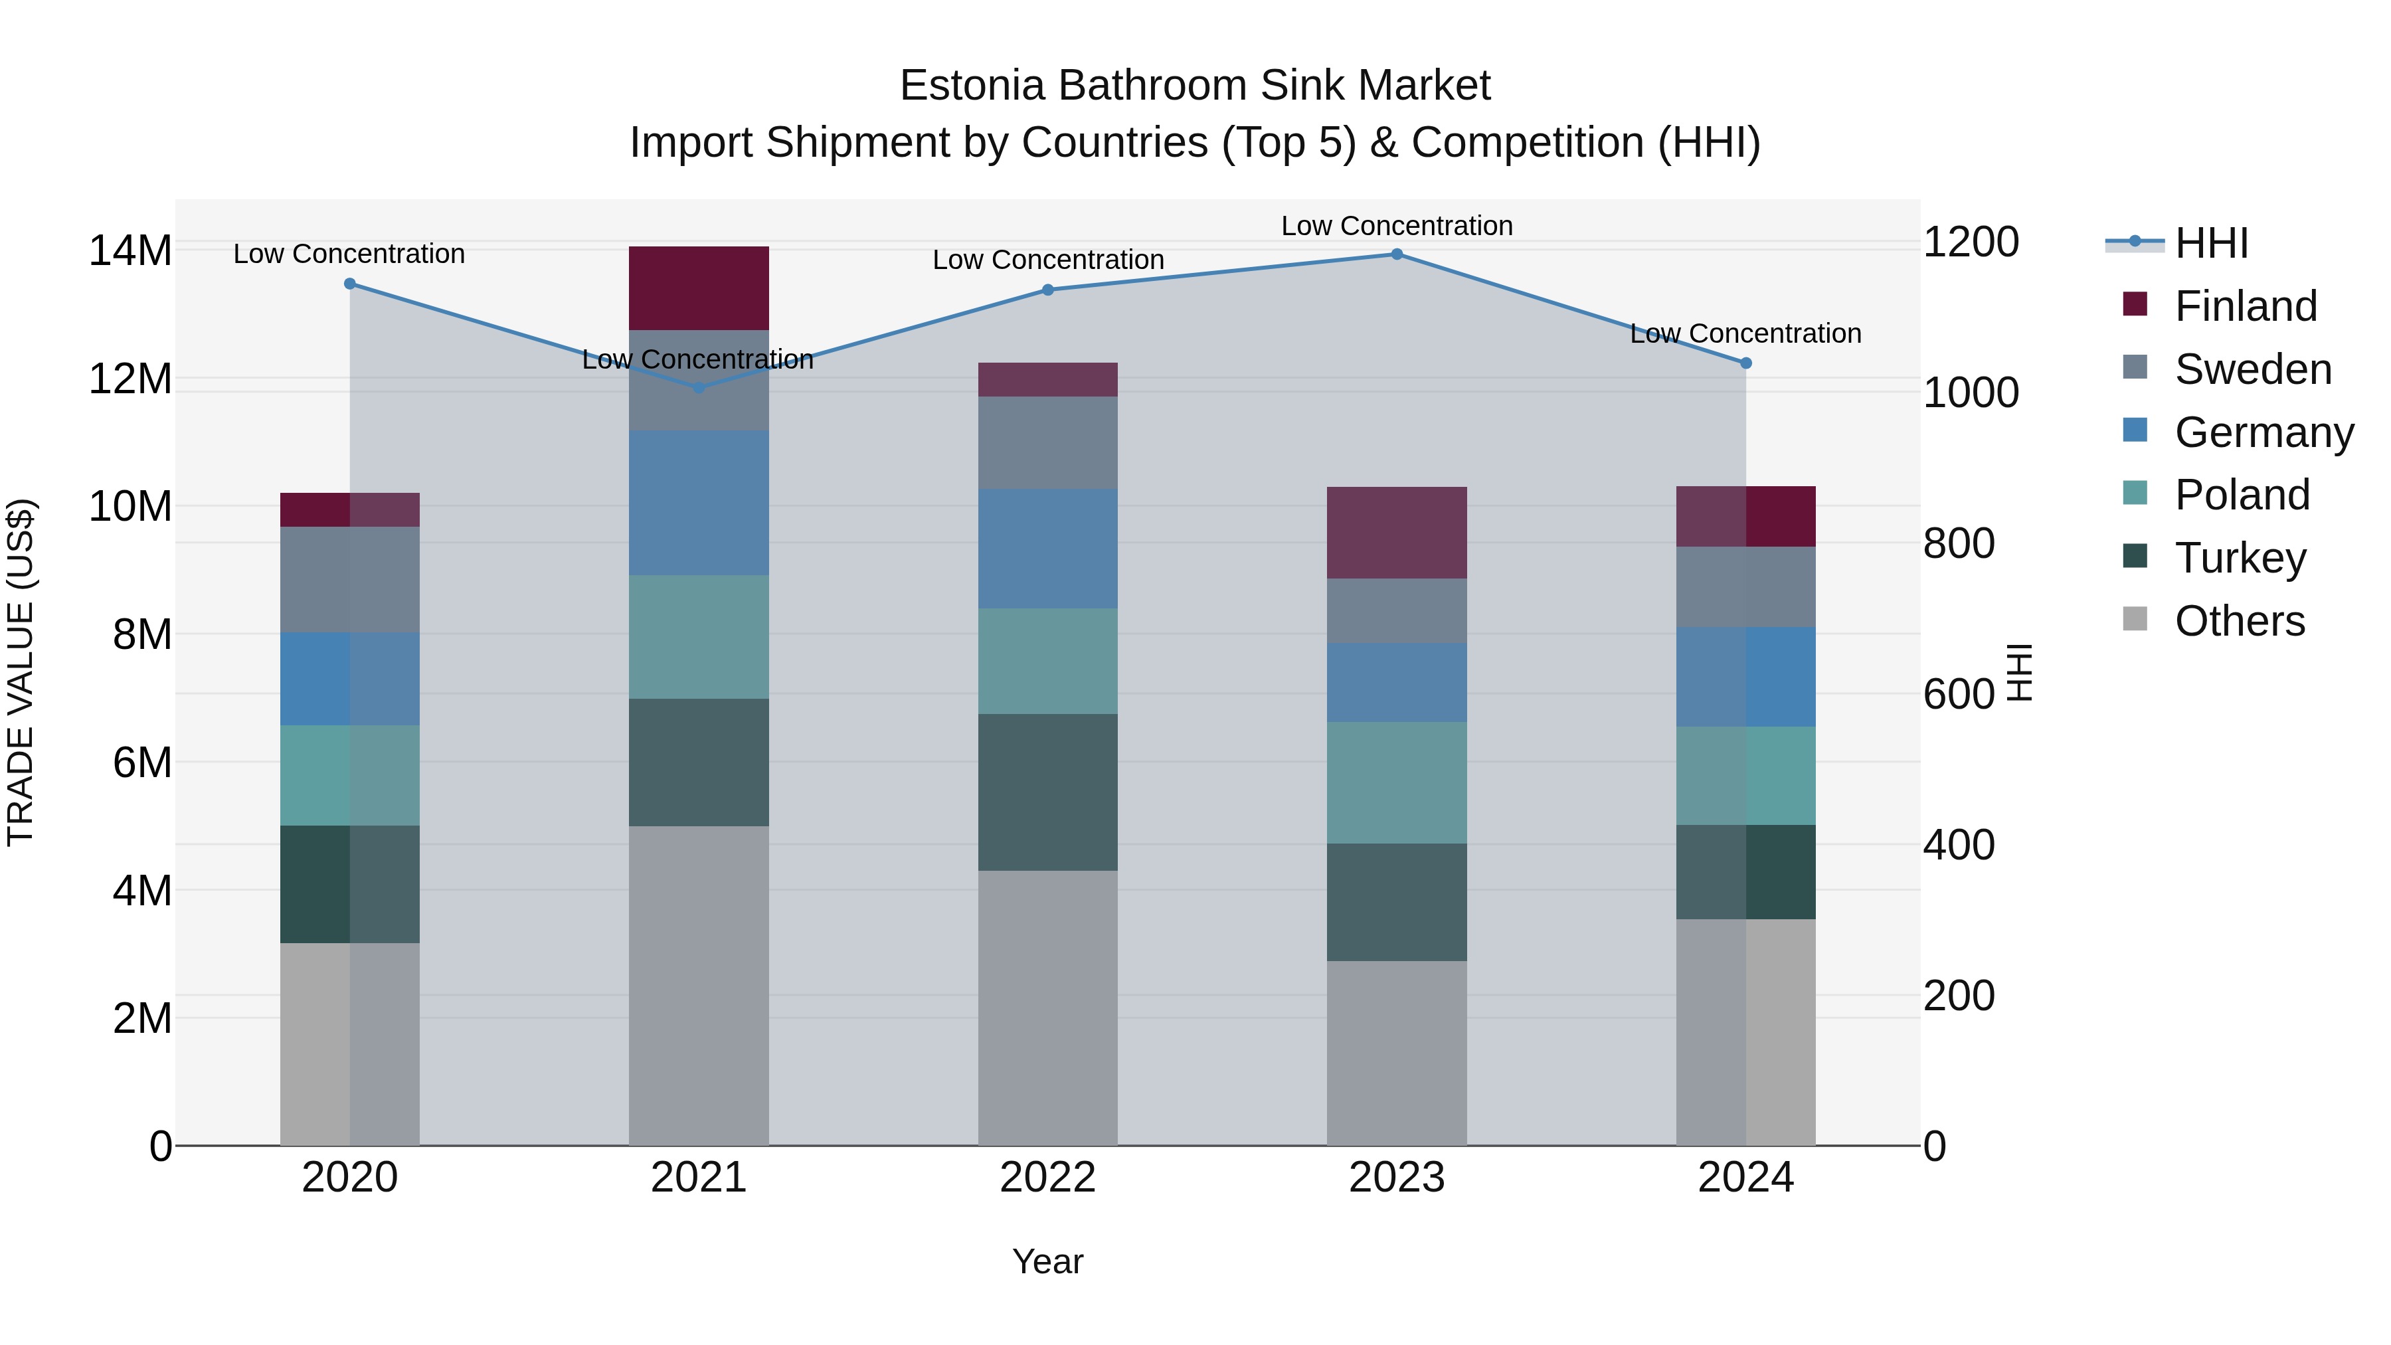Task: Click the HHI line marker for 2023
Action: (1396, 254)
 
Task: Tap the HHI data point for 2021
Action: (699, 387)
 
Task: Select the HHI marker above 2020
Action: (350, 284)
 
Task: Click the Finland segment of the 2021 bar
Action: (699, 288)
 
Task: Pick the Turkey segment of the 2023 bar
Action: (1396, 901)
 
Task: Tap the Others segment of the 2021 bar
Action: (699, 985)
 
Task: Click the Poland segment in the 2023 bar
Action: (1396, 782)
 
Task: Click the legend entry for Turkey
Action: (2240, 558)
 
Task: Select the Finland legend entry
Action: (2246, 306)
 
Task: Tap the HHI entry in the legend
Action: (2211, 243)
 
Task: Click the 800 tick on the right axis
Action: (1959, 543)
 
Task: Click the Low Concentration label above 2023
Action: (1396, 226)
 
